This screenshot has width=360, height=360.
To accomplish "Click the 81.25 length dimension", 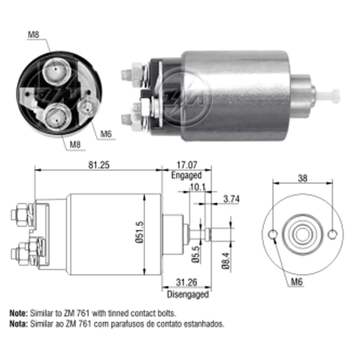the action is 99,165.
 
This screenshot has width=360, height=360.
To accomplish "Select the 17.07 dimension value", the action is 186,165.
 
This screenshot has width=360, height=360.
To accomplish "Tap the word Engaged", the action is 186,175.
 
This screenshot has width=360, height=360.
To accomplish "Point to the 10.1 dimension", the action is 197,187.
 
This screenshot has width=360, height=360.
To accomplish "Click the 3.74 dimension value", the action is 231,199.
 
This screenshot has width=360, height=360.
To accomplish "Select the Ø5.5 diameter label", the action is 195,254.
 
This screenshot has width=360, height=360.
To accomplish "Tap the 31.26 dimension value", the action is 186,282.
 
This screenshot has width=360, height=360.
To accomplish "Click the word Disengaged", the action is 188,294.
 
